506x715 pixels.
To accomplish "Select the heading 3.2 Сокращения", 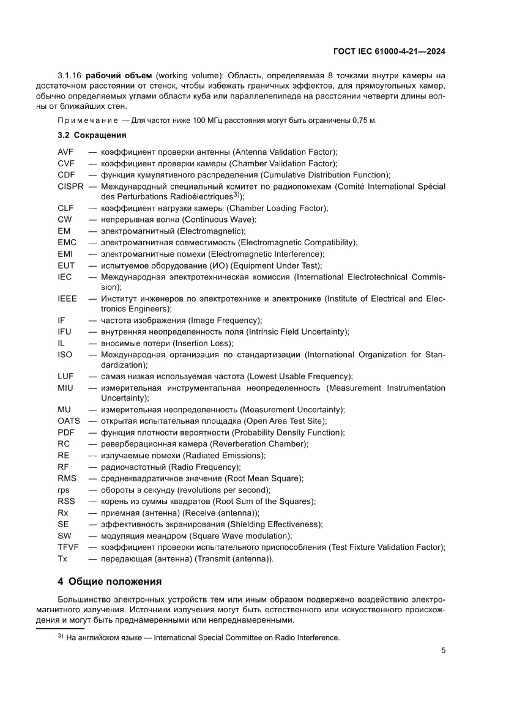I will (92, 135).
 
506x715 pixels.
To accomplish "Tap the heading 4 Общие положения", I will (110, 581).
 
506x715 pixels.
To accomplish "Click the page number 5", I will (443, 650).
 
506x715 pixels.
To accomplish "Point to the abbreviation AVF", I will (65, 152).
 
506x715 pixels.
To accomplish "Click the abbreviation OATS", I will (69, 421).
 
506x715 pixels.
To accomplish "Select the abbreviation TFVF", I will (69, 547).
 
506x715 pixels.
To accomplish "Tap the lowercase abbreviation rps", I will (64, 490).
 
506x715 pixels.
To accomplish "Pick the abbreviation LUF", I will (65, 376).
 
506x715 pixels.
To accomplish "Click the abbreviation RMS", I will (67, 478).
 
